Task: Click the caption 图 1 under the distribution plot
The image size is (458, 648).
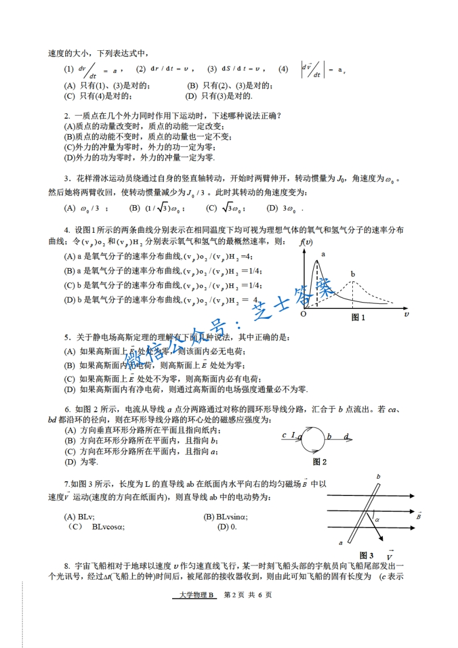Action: coord(358,317)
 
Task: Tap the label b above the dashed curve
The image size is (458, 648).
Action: coord(352,274)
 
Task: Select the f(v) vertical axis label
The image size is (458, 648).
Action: coord(306,242)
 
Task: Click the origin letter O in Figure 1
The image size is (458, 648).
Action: coord(304,315)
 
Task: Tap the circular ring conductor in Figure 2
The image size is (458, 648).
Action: coord(311,439)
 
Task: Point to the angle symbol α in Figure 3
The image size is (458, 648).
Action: coord(377,520)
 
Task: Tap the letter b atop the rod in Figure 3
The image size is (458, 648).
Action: coord(378,476)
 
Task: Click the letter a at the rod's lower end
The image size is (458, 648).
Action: coord(341,542)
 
